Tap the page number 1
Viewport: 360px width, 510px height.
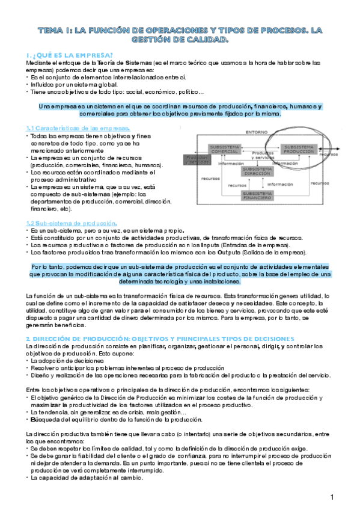click(x=332, y=497)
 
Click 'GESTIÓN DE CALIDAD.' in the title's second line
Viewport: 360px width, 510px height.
click(x=180, y=40)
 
